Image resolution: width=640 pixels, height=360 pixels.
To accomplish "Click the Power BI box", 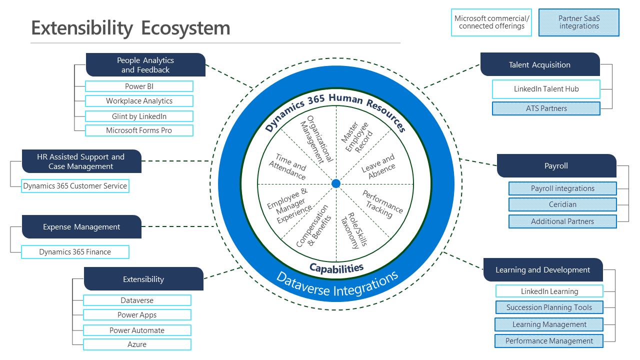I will coord(139,86).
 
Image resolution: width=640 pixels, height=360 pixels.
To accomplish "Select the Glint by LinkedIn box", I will coord(139,116).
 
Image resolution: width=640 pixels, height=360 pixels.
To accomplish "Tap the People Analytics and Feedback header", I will coord(145,65).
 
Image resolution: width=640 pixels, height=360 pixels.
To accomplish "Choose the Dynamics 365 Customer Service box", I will coord(75,186).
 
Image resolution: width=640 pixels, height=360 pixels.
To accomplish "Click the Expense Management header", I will coord(81,227).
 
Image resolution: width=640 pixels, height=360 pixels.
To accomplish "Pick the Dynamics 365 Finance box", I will coord(75,252).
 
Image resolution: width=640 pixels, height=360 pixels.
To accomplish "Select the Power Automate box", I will coord(137,330).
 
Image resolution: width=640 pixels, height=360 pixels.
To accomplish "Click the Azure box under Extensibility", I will coord(137,344).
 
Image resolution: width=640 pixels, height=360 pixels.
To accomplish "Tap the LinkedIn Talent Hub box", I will coord(546,89).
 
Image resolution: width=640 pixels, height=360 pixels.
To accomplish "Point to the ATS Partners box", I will coord(546,108).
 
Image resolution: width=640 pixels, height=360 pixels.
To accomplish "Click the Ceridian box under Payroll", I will coord(562,204).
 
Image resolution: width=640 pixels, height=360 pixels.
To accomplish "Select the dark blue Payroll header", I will coord(556,166).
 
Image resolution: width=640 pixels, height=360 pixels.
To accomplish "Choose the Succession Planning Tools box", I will coord(549,307).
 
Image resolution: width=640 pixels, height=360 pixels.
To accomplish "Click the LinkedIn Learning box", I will coord(549,291).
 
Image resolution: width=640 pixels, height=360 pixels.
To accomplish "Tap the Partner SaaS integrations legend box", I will coord(579,22).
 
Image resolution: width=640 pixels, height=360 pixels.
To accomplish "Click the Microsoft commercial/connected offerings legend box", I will coord(491,22).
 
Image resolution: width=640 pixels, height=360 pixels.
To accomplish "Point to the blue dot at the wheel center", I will coord(336,183).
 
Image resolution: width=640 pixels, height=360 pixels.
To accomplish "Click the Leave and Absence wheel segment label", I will coord(379,166).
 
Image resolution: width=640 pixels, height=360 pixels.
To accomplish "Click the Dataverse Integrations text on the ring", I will coord(337,283).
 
